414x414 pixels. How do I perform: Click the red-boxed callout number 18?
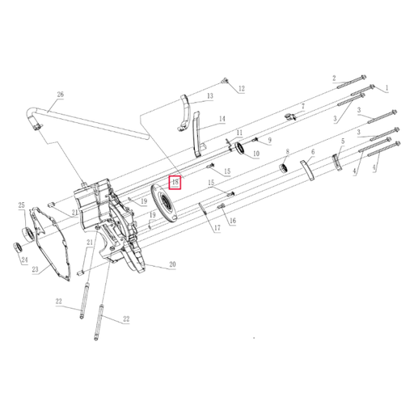pos(174,182)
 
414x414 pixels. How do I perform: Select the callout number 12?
pos(240,88)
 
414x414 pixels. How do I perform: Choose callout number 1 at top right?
pos(386,87)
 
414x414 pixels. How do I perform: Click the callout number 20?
pos(172,264)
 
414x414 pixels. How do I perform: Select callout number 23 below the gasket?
pos(35,270)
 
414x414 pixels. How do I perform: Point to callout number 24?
pos(24,260)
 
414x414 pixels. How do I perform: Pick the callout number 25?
pos(22,206)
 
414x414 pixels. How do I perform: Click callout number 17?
pos(217,229)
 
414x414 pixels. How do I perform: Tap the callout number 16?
pos(232,220)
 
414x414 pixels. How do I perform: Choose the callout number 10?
pos(256,153)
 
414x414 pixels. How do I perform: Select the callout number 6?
pos(312,151)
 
